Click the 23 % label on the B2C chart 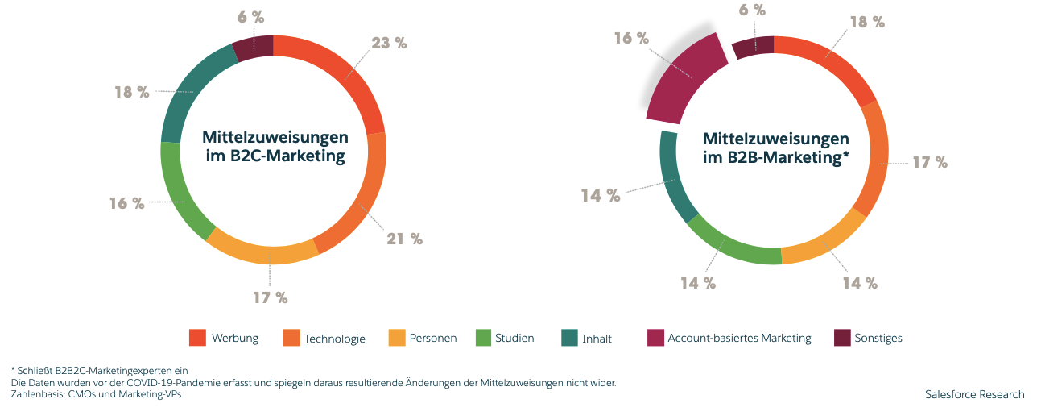pyautogui.click(x=388, y=44)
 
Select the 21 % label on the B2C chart pyautogui.click(x=405, y=239)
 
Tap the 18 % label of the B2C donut pyautogui.click(x=132, y=92)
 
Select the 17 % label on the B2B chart pyautogui.click(x=930, y=162)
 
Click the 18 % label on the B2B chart pyautogui.click(x=868, y=23)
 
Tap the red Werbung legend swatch pyautogui.click(x=198, y=338)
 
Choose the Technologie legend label pyautogui.click(x=334, y=339)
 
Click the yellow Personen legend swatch pyautogui.click(x=397, y=338)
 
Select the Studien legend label pyautogui.click(x=514, y=338)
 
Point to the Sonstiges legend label pyautogui.click(x=879, y=338)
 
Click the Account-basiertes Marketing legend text pyautogui.click(x=739, y=338)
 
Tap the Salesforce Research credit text pyautogui.click(x=975, y=394)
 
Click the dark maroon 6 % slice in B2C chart pyautogui.click(x=253, y=49)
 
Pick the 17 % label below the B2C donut pyautogui.click(x=271, y=297)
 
